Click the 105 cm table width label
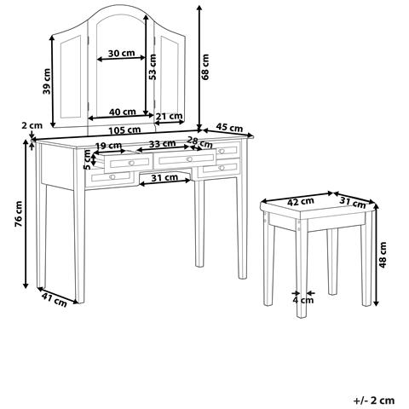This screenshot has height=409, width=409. (x=124, y=130)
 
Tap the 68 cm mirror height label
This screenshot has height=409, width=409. (x=204, y=66)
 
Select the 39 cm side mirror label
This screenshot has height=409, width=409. (x=46, y=81)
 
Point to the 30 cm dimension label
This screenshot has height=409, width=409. (x=121, y=53)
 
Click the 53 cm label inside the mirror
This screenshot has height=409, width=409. (x=153, y=66)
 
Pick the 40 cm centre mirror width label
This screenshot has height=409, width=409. (x=123, y=112)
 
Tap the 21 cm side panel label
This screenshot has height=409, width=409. (x=169, y=116)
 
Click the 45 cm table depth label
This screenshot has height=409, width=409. (x=229, y=128)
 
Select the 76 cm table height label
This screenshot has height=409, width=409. (x=19, y=214)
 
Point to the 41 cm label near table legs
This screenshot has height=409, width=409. (x=55, y=300)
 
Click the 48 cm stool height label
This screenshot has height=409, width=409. (x=383, y=255)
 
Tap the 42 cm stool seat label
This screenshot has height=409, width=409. (x=301, y=202)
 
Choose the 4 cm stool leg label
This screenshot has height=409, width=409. (x=303, y=300)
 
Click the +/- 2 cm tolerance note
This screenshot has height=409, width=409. (x=374, y=400)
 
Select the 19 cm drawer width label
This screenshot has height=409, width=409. (x=108, y=146)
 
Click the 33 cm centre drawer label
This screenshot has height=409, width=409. (x=163, y=144)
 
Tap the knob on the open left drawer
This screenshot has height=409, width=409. (x=131, y=163)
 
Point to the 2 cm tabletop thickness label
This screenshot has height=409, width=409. (x=32, y=125)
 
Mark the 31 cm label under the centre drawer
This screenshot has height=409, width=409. (x=164, y=178)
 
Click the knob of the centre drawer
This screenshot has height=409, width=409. (x=189, y=159)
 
